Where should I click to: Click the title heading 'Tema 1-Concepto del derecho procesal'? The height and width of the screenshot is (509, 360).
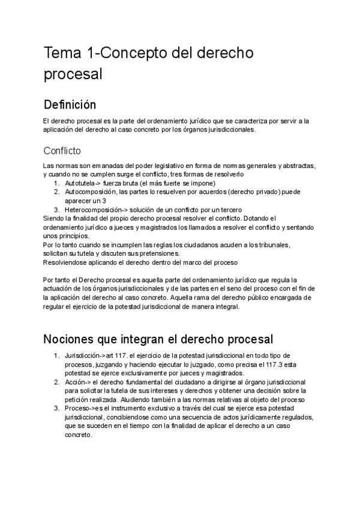click(x=148, y=63)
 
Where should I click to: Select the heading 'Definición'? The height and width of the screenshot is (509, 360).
click(x=70, y=105)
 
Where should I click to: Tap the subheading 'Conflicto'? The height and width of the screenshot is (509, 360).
click(x=62, y=150)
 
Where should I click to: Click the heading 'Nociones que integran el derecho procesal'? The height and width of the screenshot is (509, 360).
click(x=158, y=339)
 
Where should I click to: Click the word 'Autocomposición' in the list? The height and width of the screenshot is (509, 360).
click(x=91, y=191)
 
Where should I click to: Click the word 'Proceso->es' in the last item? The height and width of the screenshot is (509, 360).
click(x=85, y=408)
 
